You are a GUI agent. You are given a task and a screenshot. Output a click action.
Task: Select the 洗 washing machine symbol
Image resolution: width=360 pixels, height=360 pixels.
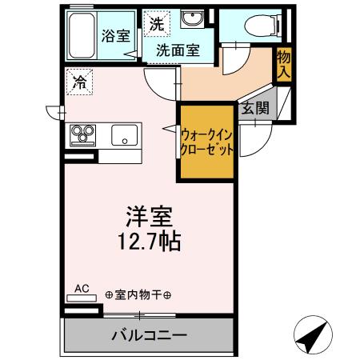pos(154,24)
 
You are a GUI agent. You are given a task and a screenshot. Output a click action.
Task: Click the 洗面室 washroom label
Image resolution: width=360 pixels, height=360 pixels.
pos(177,50)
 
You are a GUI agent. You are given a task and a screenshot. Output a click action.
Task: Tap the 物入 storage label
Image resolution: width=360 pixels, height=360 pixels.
pos(282,63)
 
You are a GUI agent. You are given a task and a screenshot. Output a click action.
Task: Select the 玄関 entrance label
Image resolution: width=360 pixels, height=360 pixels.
pos(256,109)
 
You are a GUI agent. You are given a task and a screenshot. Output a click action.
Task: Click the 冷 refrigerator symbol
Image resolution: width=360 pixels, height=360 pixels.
pos(80,81)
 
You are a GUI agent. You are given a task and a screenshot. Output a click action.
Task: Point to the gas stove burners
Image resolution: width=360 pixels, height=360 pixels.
pos(83,134)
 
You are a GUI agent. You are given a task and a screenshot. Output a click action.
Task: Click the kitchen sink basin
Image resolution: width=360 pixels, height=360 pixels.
pos(125,134)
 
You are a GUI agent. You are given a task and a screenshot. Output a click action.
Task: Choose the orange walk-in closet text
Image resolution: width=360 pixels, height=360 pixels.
pos(207,142)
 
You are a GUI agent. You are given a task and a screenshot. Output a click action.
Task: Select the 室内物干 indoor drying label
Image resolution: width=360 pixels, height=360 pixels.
pos(138,294)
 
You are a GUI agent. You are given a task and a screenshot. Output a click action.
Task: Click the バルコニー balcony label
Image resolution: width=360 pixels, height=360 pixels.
pos(149,335)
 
